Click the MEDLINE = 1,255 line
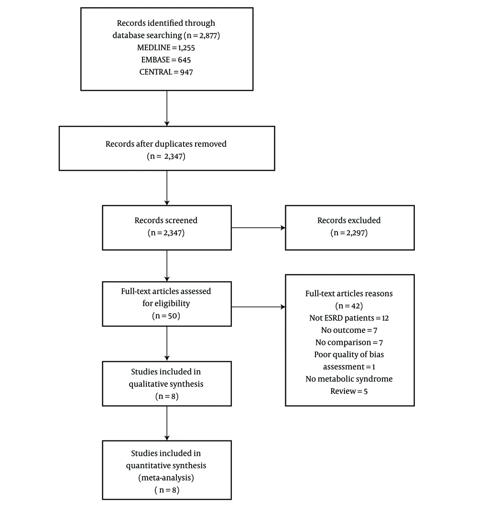(x=166, y=48)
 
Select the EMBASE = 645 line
(x=166, y=60)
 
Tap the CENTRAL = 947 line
(x=166, y=72)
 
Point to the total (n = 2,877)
(x=202, y=35)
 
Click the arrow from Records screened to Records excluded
(x=258, y=228)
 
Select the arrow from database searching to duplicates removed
(x=167, y=109)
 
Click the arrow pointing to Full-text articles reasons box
(x=258, y=307)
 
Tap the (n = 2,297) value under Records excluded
(x=349, y=232)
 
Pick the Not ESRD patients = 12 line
(x=349, y=318)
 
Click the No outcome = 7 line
(x=349, y=330)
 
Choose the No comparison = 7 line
(x=349, y=342)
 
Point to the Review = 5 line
(x=349, y=391)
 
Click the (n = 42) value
(x=349, y=306)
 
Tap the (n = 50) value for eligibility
(x=166, y=316)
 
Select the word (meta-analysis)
(x=166, y=478)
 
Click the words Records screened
(x=166, y=220)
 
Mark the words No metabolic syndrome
(x=349, y=379)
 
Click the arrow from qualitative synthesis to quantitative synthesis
(x=167, y=423)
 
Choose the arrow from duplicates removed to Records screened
(x=167, y=188)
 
